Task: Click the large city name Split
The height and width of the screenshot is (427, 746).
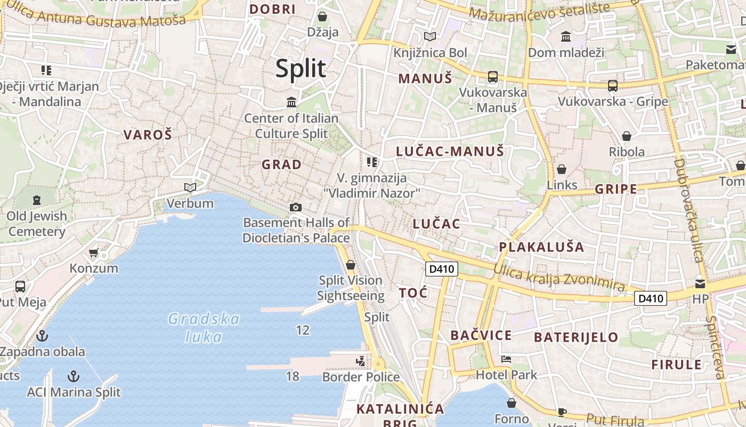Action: coord(301,69)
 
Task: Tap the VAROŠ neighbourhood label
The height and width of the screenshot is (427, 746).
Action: coord(148,135)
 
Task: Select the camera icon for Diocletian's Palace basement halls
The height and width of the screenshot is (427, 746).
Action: coord(295,207)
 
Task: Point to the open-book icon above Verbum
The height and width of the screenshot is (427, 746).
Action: coord(190,187)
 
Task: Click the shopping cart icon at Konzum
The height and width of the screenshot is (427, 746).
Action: coord(94,252)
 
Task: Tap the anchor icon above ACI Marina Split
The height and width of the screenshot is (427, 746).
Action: coord(74,376)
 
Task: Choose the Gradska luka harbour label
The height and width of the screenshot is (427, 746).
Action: coord(204,328)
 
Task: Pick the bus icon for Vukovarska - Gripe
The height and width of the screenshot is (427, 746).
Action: coord(613,85)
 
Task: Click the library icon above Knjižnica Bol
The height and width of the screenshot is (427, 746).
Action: coord(429,36)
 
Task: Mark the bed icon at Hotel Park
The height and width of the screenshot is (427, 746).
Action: coord(506,359)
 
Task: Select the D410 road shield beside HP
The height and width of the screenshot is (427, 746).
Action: coord(651,298)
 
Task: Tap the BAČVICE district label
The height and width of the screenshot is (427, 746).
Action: coord(481,335)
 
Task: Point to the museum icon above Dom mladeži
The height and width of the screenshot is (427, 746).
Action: coord(566,36)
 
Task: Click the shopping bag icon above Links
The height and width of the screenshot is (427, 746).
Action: coord(562,169)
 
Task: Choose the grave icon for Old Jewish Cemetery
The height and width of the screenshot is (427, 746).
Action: coord(36,200)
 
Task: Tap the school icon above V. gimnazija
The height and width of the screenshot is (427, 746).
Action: coord(372,162)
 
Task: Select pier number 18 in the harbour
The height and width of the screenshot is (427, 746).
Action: coord(292,376)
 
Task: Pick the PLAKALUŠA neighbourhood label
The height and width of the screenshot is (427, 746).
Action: coord(541,247)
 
